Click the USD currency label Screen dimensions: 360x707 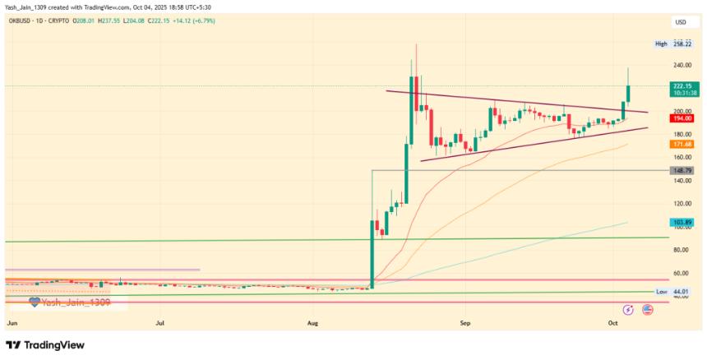point(680,22)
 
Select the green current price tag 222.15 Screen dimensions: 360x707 point(682,85)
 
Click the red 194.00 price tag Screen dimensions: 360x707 point(682,118)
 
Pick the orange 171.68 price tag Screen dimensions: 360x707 point(682,144)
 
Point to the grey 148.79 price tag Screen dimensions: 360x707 point(682,170)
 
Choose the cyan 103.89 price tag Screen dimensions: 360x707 point(682,223)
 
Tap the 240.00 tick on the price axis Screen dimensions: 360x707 point(682,65)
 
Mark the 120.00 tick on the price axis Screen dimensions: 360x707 point(682,204)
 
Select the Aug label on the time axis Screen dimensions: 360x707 point(314,323)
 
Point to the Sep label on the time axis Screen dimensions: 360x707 point(465,323)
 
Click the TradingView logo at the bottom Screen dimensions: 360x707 point(45,346)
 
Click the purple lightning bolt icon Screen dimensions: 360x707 point(628,310)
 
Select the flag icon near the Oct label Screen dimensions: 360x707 point(647,310)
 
